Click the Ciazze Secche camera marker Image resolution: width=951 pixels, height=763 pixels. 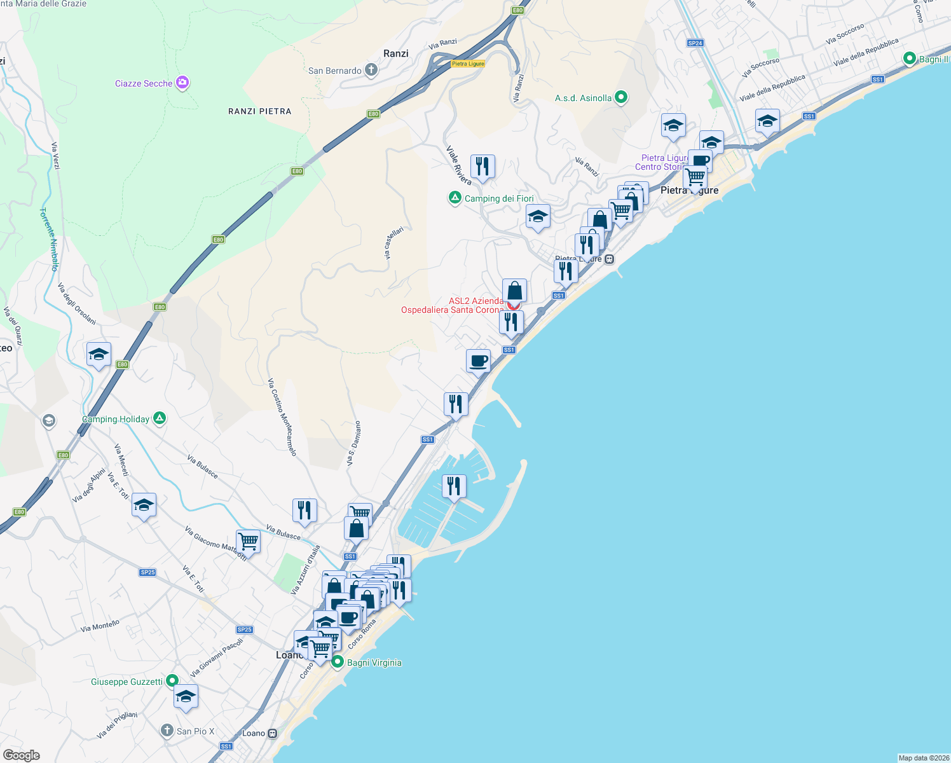pyautogui.click(x=182, y=83)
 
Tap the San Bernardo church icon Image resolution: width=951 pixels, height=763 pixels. pyautogui.click(x=371, y=70)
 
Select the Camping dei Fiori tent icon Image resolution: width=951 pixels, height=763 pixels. pyautogui.click(x=455, y=198)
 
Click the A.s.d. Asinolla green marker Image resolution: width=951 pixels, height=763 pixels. pyautogui.click(x=622, y=97)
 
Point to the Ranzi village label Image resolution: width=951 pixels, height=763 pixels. pyautogui.click(x=395, y=53)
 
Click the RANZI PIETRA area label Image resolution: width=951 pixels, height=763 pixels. pyautogui.click(x=259, y=111)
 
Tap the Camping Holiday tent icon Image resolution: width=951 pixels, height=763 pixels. pyautogui.click(x=160, y=418)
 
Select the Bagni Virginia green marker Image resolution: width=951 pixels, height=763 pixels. pyautogui.click(x=338, y=662)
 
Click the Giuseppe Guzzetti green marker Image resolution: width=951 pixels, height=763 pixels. pyautogui.click(x=172, y=681)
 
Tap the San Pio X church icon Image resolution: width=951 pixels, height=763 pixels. pyautogui.click(x=167, y=731)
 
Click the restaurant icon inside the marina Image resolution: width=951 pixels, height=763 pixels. pyautogui.click(x=454, y=486)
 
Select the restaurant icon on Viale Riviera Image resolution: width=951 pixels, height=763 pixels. pyautogui.click(x=482, y=167)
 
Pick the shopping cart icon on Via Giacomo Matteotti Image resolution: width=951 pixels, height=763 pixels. pyautogui.click(x=248, y=542)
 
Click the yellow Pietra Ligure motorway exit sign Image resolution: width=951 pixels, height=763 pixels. pyautogui.click(x=468, y=64)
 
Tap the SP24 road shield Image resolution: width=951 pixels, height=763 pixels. pyautogui.click(x=695, y=43)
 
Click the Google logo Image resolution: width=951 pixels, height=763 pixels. pyautogui.click(x=22, y=755)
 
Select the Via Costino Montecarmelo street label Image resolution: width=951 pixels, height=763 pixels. pyautogui.click(x=282, y=417)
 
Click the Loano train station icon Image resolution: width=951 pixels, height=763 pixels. pyautogui.click(x=272, y=733)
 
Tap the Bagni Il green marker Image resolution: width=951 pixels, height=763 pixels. pyautogui.click(x=910, y=58)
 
